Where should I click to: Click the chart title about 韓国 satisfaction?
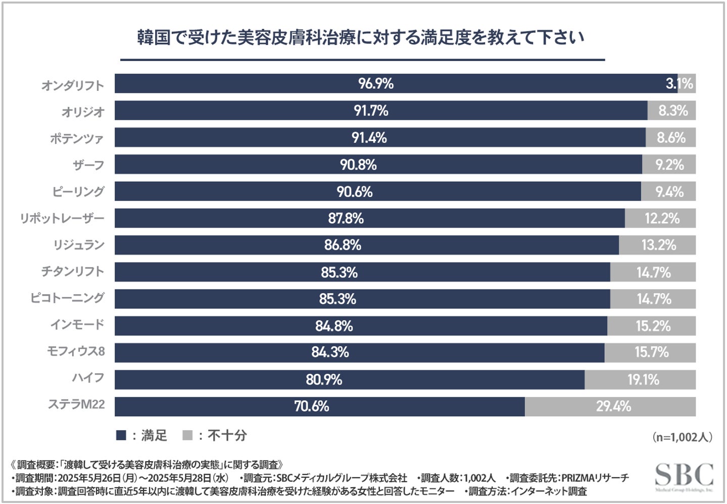361,38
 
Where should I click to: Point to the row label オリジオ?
83,111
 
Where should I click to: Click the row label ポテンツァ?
77,138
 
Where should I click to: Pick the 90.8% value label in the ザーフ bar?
358,164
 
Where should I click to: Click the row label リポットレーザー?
62,218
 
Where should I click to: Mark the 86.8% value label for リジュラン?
343,245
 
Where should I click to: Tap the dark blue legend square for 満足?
121,435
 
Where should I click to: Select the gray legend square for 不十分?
187,435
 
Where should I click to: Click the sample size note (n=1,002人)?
682,437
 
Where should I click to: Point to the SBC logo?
684,476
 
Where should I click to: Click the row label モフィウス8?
76,351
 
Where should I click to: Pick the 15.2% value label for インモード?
653,326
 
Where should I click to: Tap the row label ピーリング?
78,192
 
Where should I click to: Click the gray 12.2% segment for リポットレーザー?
661,218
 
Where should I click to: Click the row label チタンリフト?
73,271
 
